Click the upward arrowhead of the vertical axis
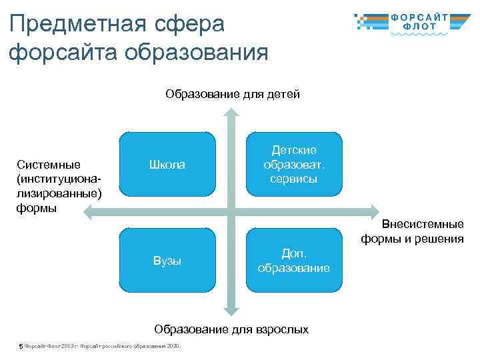coord(230,112)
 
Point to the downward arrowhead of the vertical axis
coord(230,310)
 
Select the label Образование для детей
coord(233,94)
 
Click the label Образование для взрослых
coord(231,329)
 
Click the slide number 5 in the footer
coord(21,346)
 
